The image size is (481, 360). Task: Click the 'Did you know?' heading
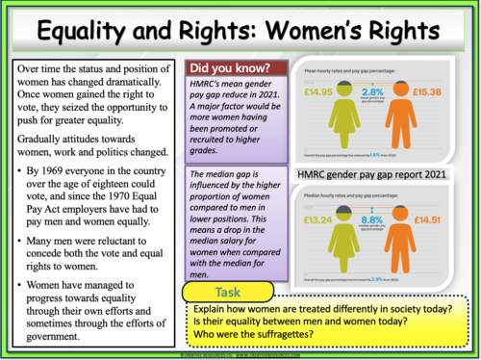tap(229, 69)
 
